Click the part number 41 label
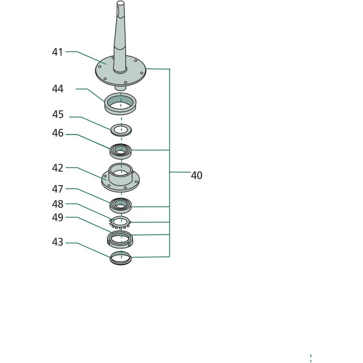[58, 52]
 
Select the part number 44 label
[58, 88]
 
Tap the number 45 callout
[58, 114]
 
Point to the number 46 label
[58, 133]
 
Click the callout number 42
[58, 168]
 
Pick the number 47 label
[58, 189]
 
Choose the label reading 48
[58, 204]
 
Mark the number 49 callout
[58, 218]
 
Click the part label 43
[58, 242]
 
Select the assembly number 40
[196, 176]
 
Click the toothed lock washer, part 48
[120, 222]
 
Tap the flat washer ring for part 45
[121, 130]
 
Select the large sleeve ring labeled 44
[120, 103]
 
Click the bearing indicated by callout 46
[120, 151]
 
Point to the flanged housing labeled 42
[120, 177]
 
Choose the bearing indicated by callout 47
[120, 206]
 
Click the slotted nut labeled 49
[120, 240]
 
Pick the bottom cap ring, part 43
[121, 258]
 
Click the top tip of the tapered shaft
[121, 2]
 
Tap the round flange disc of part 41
[121, 71]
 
